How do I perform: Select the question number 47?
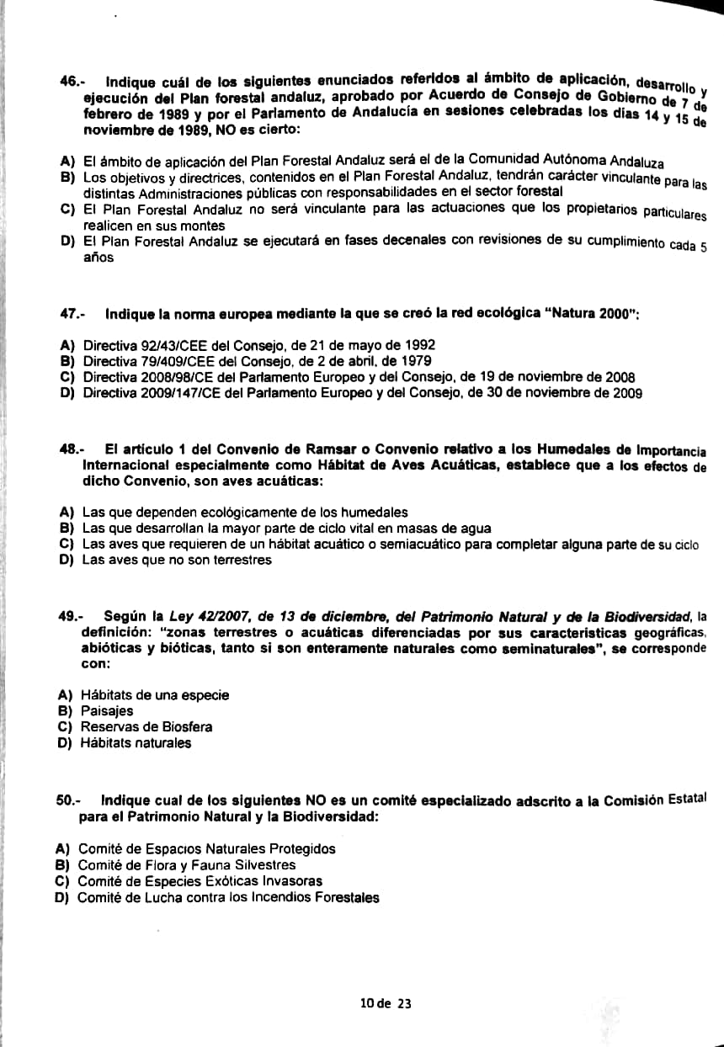[x=72, y=314]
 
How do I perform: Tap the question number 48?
[x=71, y=449]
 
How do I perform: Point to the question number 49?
[x=70, y=617]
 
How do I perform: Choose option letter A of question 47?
[x=67, y=346]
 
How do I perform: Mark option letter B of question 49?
[x=63, y=711]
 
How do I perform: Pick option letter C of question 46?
[x=67, y=210]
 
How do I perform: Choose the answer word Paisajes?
[x=106, y=711]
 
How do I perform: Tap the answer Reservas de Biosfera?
[x=146, y=727]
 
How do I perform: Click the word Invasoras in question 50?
[x=294, y=881]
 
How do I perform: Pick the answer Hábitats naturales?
[x=136, y=743]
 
